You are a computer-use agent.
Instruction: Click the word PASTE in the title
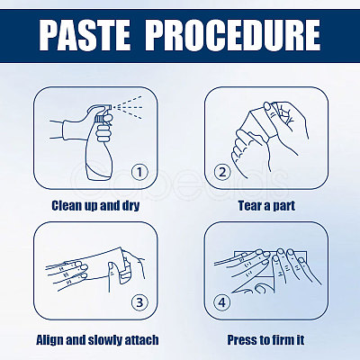coord(85,35)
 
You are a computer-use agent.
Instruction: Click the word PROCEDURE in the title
coord(233,35)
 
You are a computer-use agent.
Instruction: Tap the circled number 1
coord(139,172)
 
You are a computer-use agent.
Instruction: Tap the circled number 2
coord(222,172)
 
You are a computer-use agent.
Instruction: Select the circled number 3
coord(139,302)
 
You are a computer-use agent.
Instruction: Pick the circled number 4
coord(221,302)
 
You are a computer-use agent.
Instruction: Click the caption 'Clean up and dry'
coord(95,206)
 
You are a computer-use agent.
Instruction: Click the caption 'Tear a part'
coord(266,206)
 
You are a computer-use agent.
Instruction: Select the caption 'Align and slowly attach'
coord(97,340)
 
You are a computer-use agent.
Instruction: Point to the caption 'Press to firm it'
coord(265,340)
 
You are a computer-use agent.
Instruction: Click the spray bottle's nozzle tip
coord(111,107)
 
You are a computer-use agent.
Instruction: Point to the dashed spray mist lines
coord(130,107)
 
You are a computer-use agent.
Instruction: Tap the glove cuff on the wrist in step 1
coord(67,130)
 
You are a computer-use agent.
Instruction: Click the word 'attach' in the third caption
coord(141,340)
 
